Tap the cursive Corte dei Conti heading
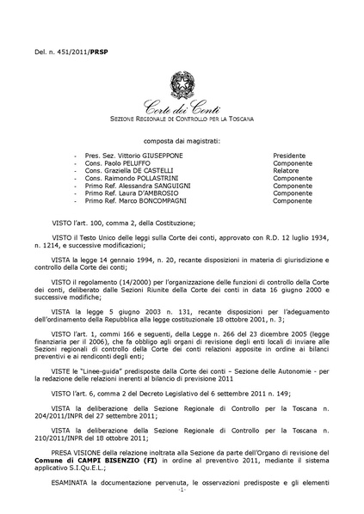181,106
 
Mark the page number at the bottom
182,502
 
